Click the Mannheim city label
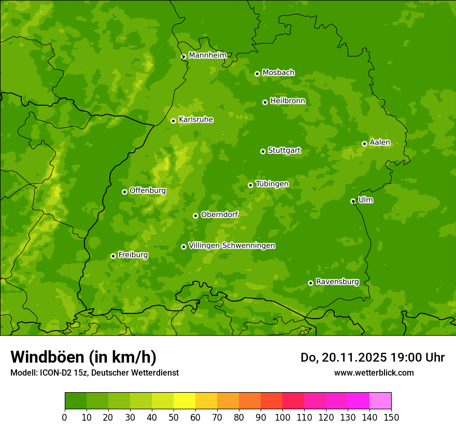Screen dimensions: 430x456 (x=207, y=55)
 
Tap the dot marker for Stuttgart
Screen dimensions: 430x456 (x=263, y=151)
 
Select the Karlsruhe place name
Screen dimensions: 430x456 (x=195, y=120)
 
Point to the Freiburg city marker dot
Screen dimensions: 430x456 (x=113, y=256)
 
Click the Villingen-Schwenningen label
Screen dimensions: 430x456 (x=232, y=246)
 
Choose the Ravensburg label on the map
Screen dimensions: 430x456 (x=337, y=282)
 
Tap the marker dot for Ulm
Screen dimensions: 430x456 (x=353, y=201)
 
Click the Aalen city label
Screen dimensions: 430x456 (x=379, y=142)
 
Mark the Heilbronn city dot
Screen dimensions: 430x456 (x=265, y=102)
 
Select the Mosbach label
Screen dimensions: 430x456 (x=278, y=73)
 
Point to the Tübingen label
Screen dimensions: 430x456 (x=272, y=184)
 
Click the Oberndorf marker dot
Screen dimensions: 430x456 (x=195, y=216)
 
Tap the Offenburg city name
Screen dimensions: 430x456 (x=147, y=191)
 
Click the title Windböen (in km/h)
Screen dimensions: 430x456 (x=83, y=357)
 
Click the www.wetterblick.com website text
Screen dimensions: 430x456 (x=374, y=372)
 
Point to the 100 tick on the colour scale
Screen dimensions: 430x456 (x=282, y=417)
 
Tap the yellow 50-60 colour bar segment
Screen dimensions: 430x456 (x=184, y=401)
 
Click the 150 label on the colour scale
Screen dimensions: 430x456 (x=391, y=417)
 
